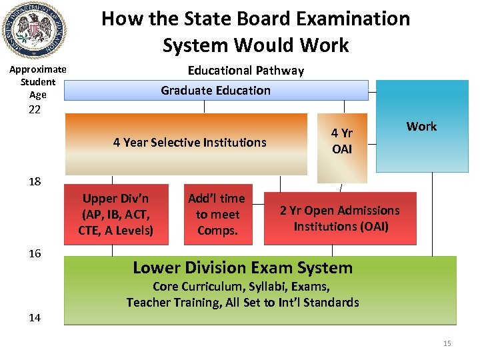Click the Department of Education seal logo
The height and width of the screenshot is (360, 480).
point(34,31)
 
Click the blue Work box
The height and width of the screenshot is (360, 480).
point(421,127)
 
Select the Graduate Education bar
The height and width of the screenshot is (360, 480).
point(216,90)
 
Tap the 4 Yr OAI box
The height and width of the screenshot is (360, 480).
point(342,141)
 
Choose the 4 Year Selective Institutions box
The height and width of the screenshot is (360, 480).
point(189,142)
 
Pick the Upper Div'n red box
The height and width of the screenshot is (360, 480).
point(116,215)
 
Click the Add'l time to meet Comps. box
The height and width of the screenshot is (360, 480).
point(217,215)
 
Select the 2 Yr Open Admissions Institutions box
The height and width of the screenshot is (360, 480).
point(340,218)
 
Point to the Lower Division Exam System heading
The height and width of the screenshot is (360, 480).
point(243,268)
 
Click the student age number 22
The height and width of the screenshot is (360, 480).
point(35,109)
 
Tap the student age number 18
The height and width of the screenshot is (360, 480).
point(35,182)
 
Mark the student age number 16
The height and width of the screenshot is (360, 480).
point(35,253)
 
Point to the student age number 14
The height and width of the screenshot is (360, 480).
point(35,317)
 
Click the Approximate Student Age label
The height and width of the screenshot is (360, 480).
point(37,82)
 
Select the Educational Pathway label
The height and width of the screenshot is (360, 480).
point(245,71)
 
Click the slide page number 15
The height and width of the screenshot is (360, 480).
point(447,343)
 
